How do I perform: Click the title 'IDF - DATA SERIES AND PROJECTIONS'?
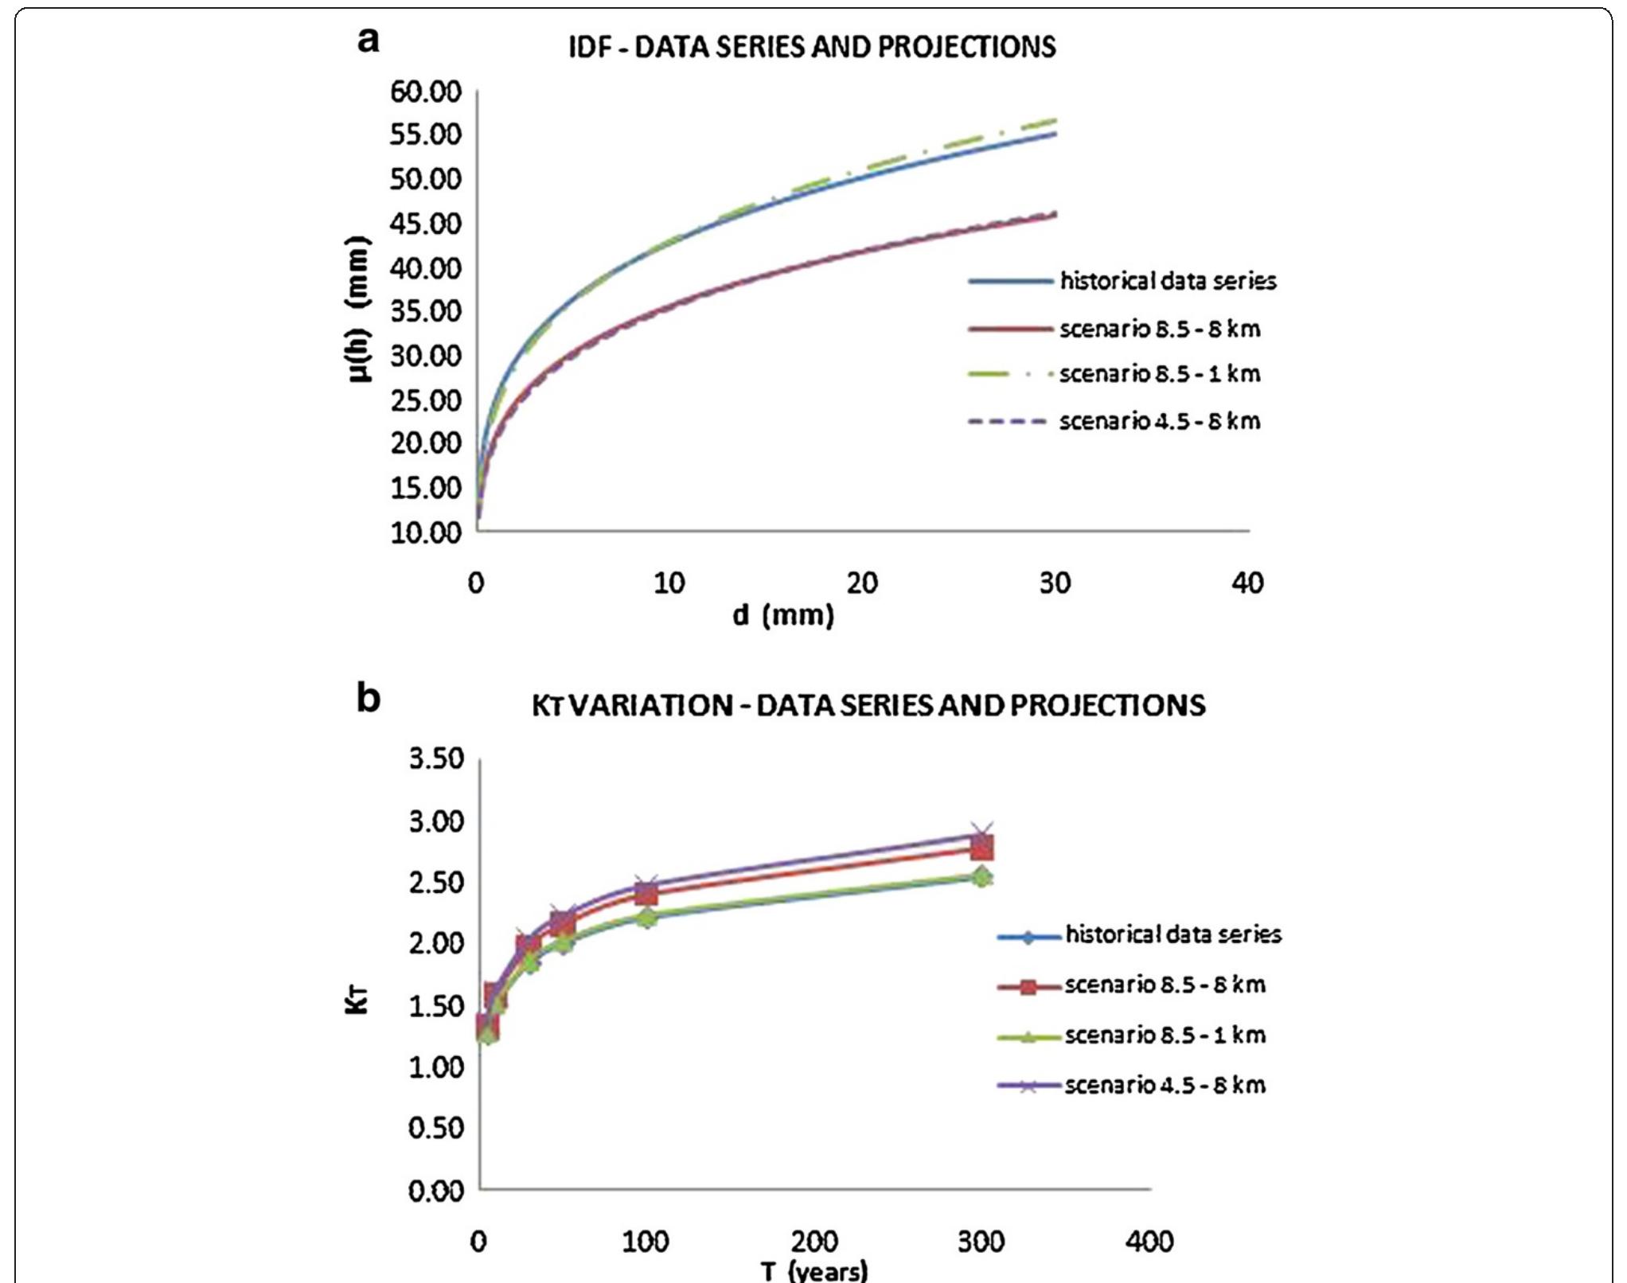812,47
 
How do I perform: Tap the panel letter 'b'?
368,698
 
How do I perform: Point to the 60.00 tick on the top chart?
426,92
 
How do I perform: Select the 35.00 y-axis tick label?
426,312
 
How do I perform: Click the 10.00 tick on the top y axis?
426,532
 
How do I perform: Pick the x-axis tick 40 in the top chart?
1247,583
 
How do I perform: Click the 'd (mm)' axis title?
783,615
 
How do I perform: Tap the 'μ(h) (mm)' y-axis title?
360,310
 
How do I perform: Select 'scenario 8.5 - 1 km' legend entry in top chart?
1159,373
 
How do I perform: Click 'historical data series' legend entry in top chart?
1167,281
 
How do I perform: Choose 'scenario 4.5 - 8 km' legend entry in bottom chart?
1165,1085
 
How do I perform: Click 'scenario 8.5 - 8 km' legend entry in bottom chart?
1165,985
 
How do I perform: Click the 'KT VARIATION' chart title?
868,705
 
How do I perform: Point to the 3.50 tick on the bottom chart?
436,758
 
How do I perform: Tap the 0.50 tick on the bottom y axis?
436,1128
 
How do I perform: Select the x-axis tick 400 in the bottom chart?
1149,1242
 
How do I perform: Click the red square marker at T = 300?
982,848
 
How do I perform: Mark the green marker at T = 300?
982,876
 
